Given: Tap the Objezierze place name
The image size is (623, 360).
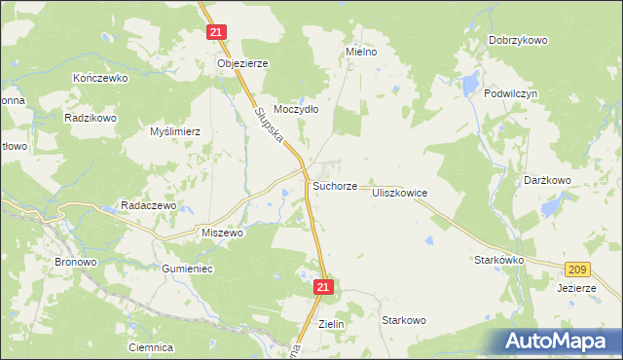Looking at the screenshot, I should coord(241,63).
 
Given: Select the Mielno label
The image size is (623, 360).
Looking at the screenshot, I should coord(361,51).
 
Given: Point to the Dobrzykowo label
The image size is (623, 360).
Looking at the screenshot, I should coord(518,41).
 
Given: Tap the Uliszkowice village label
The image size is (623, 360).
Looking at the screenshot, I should coord(399,194).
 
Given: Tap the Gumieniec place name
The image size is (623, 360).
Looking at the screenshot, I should coord(188,268).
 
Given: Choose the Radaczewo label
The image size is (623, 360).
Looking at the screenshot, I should coord(147,206).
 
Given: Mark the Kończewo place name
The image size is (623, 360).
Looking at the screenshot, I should coord(100,77).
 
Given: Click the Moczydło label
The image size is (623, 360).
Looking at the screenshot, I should coord(296,110).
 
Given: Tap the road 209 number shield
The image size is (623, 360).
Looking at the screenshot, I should coord(578,268).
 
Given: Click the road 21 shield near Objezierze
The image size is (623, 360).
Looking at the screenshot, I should coord(216,32).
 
